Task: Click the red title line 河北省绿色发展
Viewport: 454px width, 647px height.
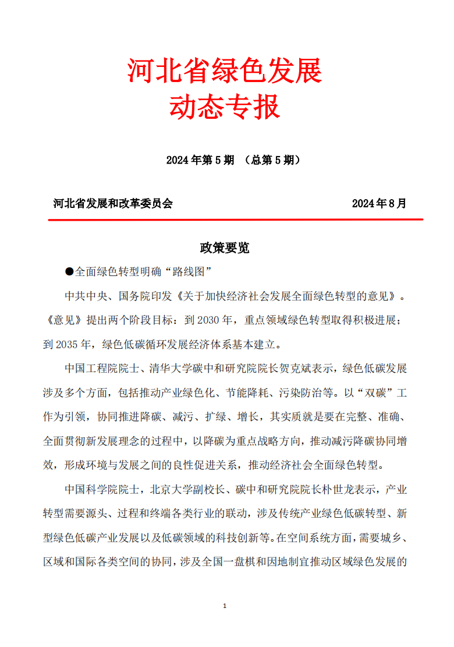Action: point(225,72)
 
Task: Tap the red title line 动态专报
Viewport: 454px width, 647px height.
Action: point(225,107)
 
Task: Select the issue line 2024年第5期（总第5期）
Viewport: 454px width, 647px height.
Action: point(233,160)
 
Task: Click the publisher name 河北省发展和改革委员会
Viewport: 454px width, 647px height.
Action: point(113,204)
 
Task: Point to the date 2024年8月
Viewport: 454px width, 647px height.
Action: point(379,204)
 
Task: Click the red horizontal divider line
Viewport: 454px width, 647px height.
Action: point(235,220)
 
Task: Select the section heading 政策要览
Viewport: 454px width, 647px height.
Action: point(225,248)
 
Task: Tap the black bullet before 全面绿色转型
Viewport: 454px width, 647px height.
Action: point(69,271)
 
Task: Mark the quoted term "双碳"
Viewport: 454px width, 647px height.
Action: point(366,393)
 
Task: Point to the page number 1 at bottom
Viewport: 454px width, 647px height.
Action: point(225,606)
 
